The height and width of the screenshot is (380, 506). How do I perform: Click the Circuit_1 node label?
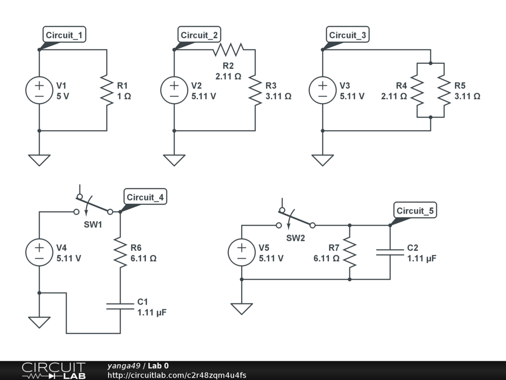pos(64,35)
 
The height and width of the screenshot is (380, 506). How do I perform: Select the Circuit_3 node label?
pos(348,35)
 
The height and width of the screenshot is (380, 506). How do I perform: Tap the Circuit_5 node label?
pos(415,211)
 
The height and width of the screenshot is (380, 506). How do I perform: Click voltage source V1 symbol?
pos(39,90)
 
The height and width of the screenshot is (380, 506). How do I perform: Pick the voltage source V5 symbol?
pos(242,252)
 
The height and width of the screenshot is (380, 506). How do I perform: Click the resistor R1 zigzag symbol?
pos(107,90)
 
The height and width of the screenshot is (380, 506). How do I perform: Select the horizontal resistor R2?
pos(228,49)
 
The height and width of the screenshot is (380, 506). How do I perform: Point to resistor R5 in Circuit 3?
pos(444,91)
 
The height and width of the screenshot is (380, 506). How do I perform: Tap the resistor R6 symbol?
pos(120,252)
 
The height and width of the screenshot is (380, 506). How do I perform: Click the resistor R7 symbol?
pos(349,252)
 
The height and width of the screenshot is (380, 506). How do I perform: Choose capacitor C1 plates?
pos(120,306)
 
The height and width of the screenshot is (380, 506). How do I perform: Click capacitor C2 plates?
pos(390,252)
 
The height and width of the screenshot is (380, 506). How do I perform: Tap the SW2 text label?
pos(296,237)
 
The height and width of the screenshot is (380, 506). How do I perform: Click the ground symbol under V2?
pos(174,160)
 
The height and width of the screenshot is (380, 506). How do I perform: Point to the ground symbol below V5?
pos(242,308)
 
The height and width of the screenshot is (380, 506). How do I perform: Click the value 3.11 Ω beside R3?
pos(278,96)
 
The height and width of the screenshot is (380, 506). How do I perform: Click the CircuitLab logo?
pos(53,370)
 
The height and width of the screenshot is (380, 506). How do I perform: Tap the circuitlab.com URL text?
pos(176,375)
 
